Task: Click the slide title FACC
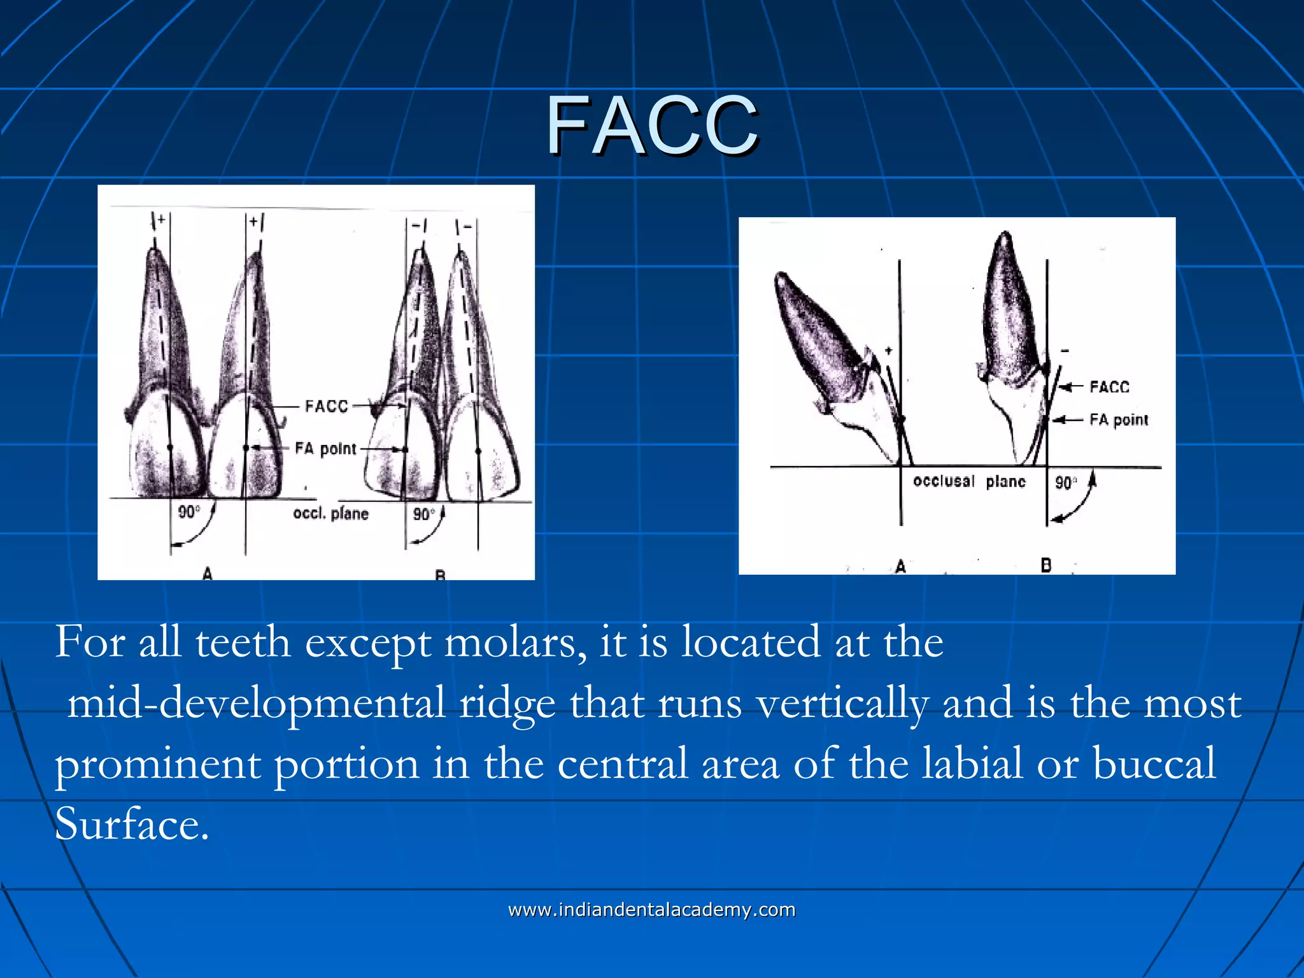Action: pyautogui.click(x=652, y=125)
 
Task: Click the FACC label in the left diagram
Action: pyautogui.click(x=327, y=406)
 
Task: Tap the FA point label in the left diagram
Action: pyautogui.click(x=325, y=449)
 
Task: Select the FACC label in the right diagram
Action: pyautogui.click(x=1109, y=387)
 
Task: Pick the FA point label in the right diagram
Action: pyautogui.click(x=1119, y=420)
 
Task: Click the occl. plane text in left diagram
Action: pyautogui.click(x=330, y=513)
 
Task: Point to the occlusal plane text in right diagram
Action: pyautogui.click(x=969, y=481)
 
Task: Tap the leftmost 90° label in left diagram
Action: pyautogui.click(x=188, y=512)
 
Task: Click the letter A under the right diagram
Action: pyautogui.click(x=900, y=566)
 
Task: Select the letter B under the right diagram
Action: pyautogui.click(x=1045, y=565)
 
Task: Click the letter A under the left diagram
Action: pyautogui.click(x=208, y=573)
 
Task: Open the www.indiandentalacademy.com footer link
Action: pyautogui.click(x=652, y=910)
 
